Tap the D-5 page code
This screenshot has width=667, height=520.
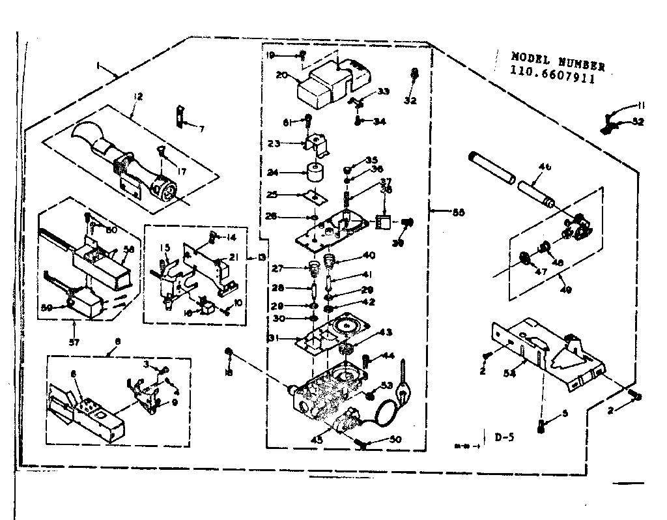[504, 437]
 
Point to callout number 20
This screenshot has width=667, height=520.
[281, 74]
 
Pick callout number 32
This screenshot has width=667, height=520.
[409, 100]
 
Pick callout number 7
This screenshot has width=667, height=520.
[201, 129]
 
